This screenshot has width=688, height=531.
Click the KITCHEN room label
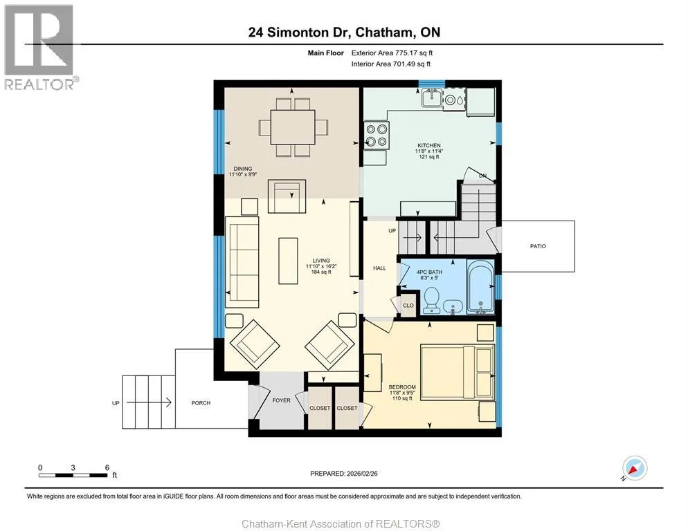point(428,145)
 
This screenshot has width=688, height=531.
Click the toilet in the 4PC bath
point(432,300)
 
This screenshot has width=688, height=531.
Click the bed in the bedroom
point(458,373)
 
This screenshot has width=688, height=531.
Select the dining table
point(293,127)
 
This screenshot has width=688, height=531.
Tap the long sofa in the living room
point(242,262)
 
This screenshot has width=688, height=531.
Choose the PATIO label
point(538,246)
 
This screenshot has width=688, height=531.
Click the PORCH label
point(201,402)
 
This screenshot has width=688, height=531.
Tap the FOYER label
point(281,400)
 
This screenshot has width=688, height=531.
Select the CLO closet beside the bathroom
point(408,305)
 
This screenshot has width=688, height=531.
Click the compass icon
point(635,468)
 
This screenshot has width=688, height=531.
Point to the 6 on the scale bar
point(107,467)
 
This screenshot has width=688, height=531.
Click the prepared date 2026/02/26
point(362,474)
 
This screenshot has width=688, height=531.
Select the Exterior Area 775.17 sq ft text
point(392,53)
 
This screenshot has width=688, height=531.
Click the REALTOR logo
point(39,47)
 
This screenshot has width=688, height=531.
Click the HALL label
point(379,268)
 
